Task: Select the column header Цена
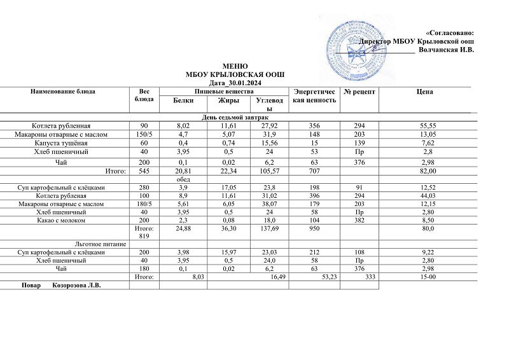[425, 92]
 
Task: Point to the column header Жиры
[228, 100]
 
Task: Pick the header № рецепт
[359, 92]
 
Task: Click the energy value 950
[314, 228]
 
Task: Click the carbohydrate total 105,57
[268, 171]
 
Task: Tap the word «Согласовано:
[449, 32]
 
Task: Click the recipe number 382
[359, 220]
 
